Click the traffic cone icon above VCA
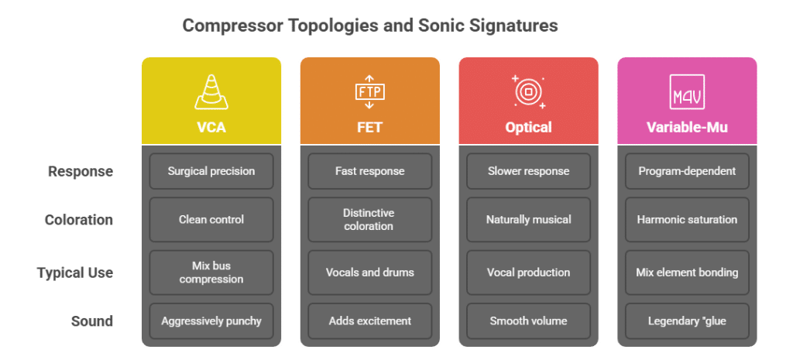[x=211, y=91]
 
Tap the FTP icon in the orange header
[x=369, y=91]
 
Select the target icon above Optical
[x=528, y=91]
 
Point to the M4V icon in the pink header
[x=687, y=91]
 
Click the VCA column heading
[x=211, y=127]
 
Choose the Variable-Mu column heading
[x=687, y=127]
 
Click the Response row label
[x=81, y=171]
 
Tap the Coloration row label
[x=78, y=220]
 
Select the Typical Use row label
[x=75, y=273]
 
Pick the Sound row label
[x=91, y=321]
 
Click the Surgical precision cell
[x=211, y=171]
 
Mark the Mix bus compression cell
[x=211, y=273]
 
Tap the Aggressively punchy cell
[x=211, y=321]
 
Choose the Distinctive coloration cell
[x=369, y=220]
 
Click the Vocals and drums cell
[x=369, y=273]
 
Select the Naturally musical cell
[x=528, y=220]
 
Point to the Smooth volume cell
[x=528, y=321]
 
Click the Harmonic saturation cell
[x=687, y=220]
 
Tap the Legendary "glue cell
[x=687, y=321]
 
